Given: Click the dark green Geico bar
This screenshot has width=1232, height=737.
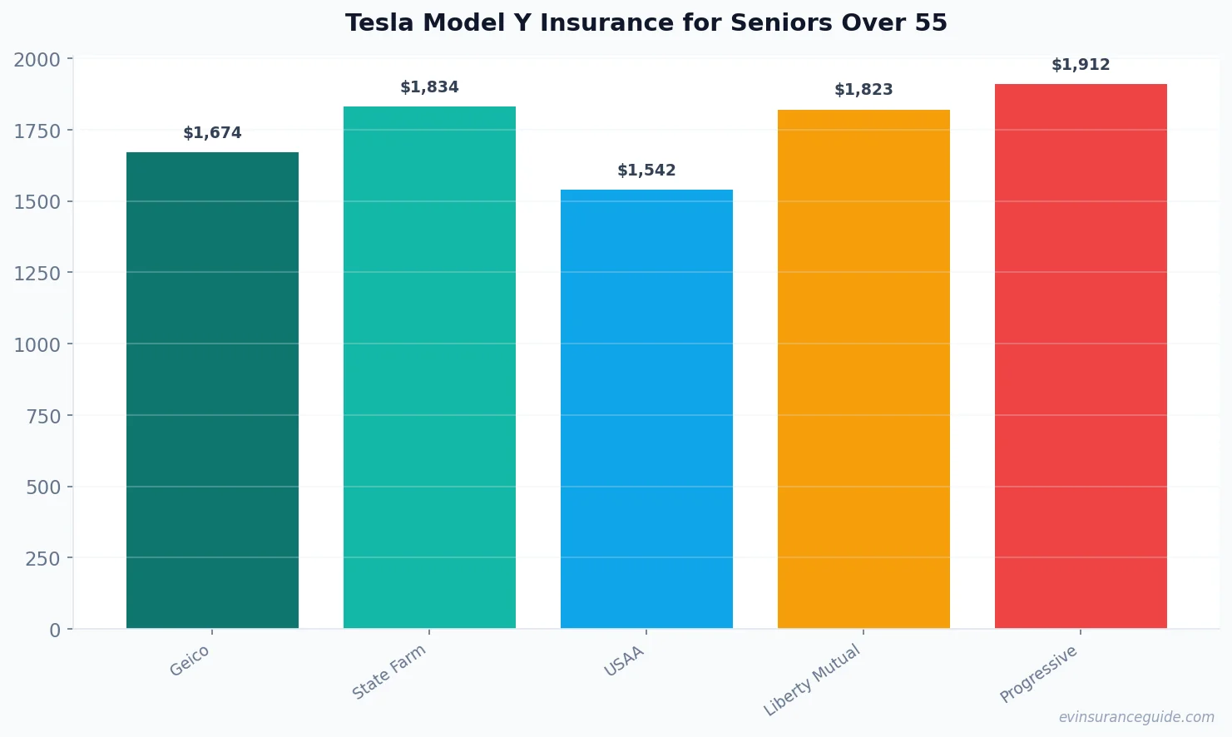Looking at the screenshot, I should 212,390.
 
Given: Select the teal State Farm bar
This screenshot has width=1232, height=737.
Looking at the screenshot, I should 429,367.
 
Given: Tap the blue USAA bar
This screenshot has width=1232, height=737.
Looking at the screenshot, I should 646,408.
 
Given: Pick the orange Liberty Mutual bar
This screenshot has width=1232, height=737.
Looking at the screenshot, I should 863,368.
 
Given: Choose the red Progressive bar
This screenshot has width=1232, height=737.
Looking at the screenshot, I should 1081,356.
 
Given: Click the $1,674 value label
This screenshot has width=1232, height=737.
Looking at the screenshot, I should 212,133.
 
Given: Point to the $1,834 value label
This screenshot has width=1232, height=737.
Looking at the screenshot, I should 429,87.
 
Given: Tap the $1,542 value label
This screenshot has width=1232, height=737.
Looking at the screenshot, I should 646,171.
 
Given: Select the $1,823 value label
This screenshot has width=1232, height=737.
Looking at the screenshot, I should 863,90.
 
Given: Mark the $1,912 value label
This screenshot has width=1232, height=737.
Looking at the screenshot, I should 1081,65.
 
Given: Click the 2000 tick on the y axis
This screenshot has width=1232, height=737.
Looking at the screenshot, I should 37,60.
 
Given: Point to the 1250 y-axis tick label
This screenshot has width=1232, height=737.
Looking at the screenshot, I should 37,274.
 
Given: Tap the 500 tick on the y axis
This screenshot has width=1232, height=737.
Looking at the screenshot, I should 43,487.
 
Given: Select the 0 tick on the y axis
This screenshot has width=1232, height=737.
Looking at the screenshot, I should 55,631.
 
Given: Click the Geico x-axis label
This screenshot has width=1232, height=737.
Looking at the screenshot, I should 190,661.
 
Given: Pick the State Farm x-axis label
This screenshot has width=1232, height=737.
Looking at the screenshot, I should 388,672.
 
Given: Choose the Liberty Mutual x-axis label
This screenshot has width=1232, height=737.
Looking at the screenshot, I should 812,680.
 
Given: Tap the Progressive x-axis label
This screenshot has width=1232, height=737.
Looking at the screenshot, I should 1038,674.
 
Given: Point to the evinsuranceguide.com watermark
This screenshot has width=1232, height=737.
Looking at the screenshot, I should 1136,717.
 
